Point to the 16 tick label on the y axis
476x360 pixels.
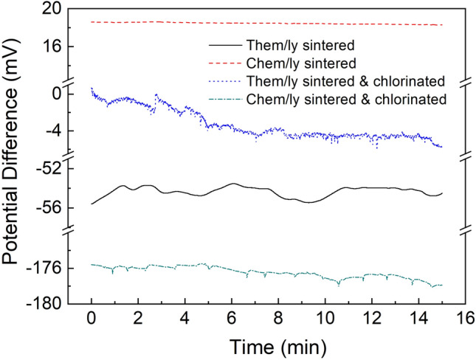(49, 46)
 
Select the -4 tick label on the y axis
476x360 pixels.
(52, 131)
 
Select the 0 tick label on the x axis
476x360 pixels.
(91, 319)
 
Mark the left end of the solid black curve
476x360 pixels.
(92, 204)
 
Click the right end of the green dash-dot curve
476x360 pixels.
(441, 285)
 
